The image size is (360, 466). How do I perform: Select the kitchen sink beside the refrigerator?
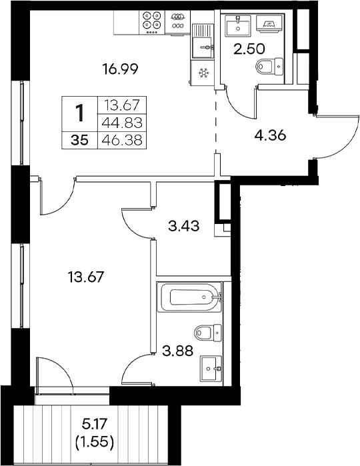[x=201, y=46]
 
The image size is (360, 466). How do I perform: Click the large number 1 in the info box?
[x=80, y=113]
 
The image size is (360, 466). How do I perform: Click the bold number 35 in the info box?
[x=79, y=139]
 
